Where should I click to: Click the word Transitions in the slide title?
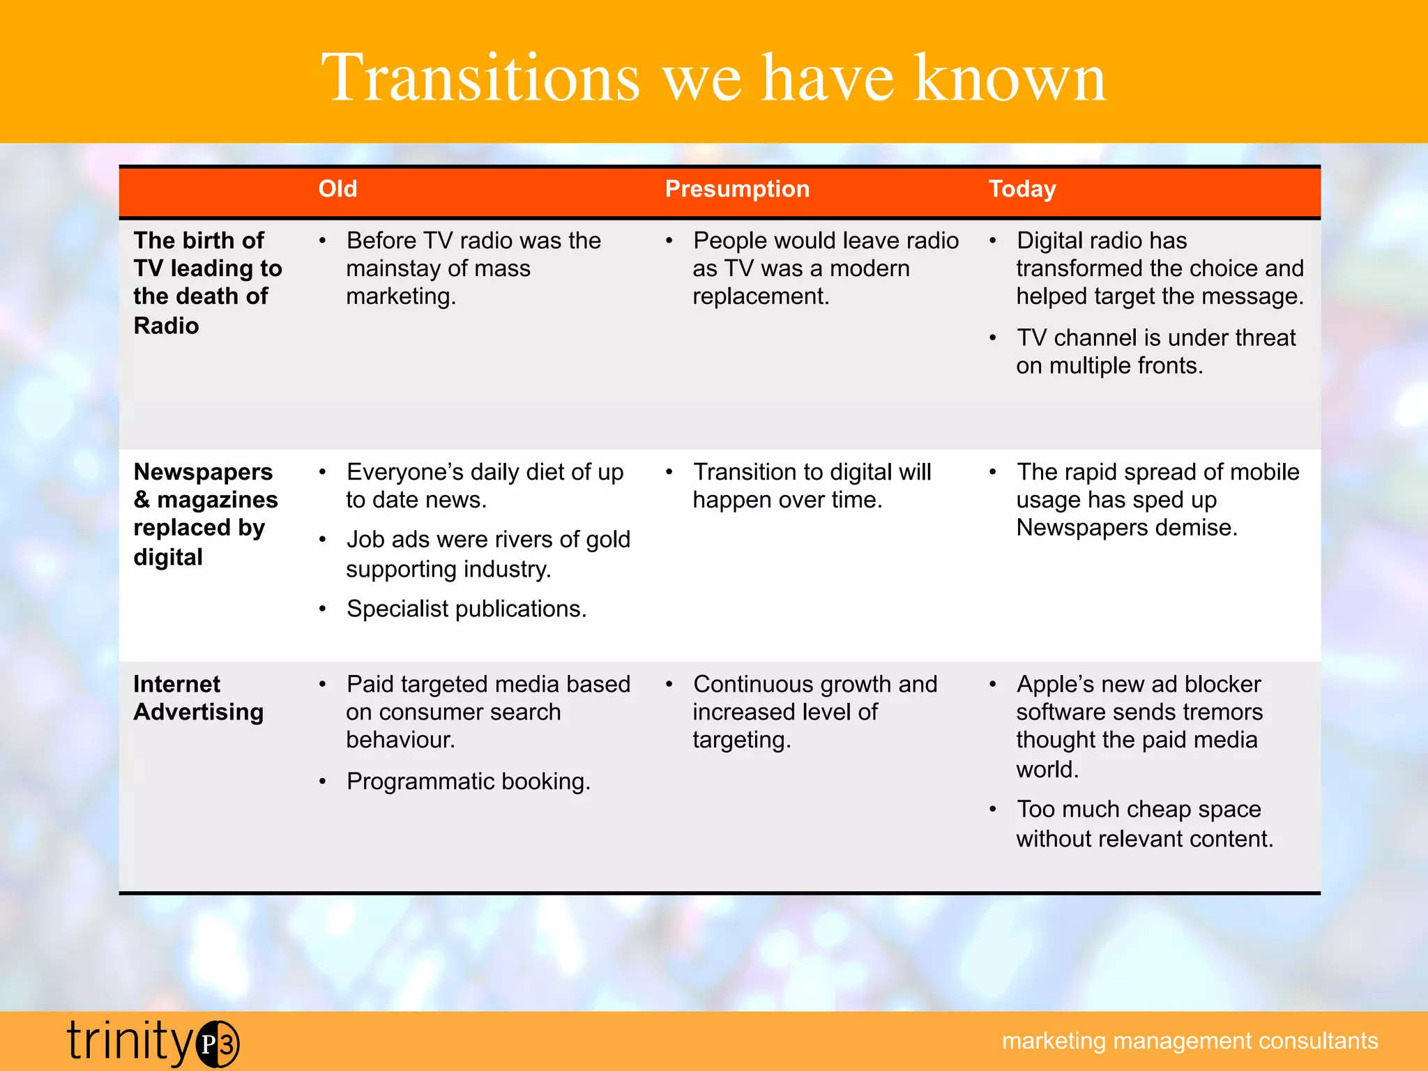pyautogui.click(x=480, y=78)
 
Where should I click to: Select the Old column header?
pyautogui.click(x=337, y=189)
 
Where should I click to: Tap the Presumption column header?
pyautogui.click(x=737, y=189)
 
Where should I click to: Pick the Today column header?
pyautogui.click(x=1022, y=189)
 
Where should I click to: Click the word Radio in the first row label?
pyautogui.click(x=166, y=326)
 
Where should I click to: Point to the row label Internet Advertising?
pyautogui.click(x=198, y=698)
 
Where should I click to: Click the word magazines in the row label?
pyautogui.click(x=218, y=500)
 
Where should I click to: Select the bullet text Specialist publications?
pyautogui.click(x=466, y=609)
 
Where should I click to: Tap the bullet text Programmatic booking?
pyautogui.click(x=469, y=782)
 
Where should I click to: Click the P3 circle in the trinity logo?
pyautogui.click(x=218, y=1044)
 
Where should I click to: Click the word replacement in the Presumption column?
pyautogui.click(x=760, y=296)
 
